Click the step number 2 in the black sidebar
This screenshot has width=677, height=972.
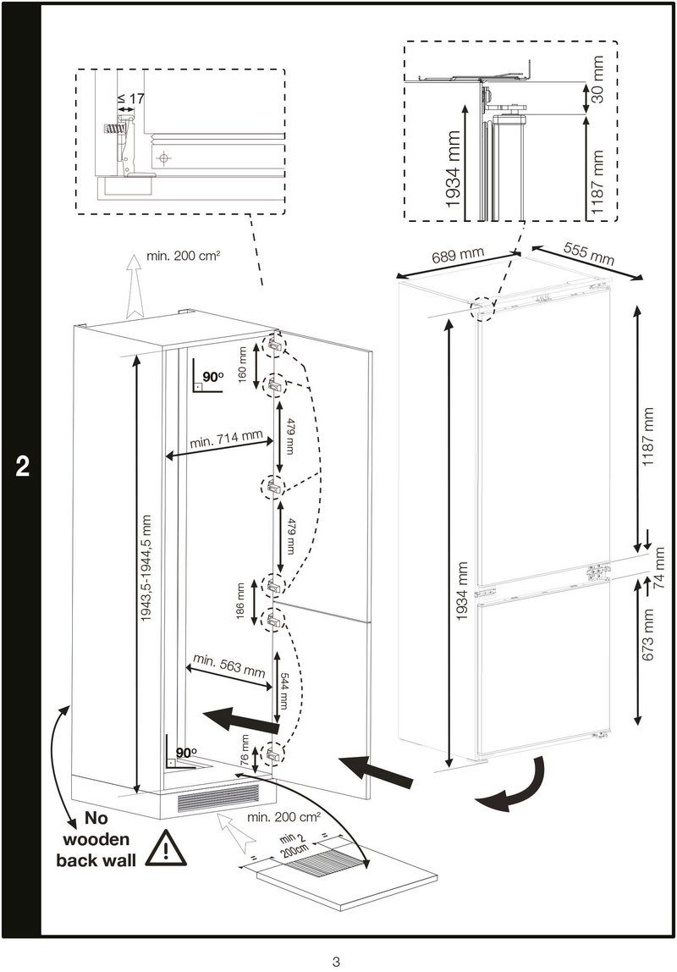22,467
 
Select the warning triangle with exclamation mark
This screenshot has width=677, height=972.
166,848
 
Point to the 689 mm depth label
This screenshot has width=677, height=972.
457,254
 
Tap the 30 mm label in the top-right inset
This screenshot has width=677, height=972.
598,80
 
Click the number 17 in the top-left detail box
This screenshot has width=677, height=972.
136,98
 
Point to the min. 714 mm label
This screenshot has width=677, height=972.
226,439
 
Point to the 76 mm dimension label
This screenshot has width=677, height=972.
245,752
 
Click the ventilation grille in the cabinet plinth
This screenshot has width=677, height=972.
217,798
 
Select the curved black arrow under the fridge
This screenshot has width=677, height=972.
514,787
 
